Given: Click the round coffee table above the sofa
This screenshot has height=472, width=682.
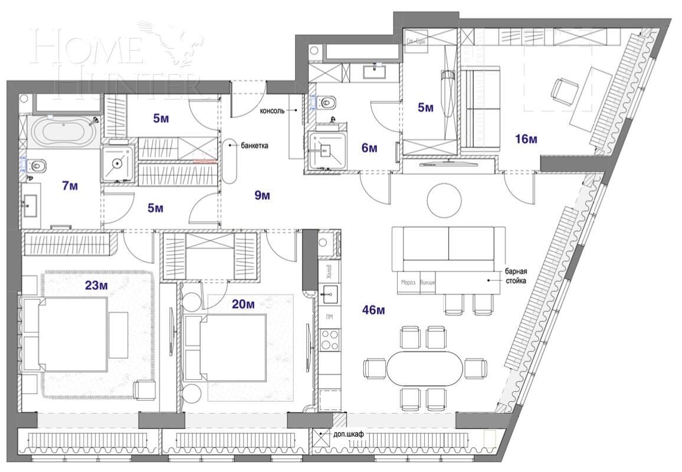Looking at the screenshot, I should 444,200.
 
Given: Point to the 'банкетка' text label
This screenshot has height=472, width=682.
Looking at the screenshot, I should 255,144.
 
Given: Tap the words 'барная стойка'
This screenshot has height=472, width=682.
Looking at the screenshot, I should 515,276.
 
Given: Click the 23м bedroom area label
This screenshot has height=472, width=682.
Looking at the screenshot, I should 96,286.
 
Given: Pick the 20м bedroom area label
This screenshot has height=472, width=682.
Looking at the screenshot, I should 243,304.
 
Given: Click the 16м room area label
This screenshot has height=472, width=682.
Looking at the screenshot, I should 526,139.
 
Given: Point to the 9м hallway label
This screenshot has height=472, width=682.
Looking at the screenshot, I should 263,195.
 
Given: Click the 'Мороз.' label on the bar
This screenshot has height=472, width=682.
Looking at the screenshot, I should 408,282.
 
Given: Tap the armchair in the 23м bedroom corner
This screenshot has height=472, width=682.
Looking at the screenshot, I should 143,389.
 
